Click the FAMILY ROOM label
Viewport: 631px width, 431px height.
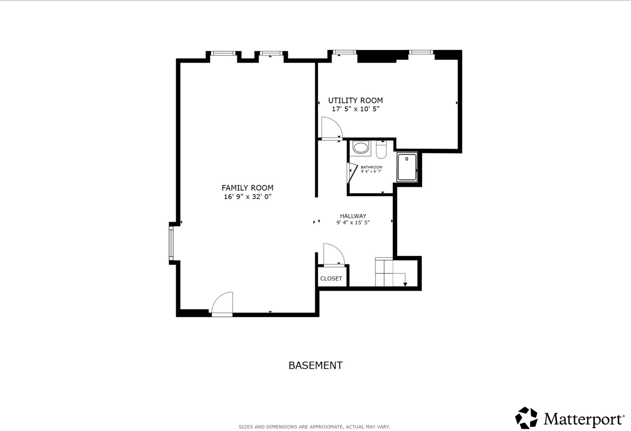(247, 188)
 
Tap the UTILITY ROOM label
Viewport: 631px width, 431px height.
(355, 101)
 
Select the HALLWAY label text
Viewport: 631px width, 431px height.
(353, 216)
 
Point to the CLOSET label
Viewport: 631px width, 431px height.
(331, 278)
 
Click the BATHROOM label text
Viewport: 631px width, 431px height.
(371, 167)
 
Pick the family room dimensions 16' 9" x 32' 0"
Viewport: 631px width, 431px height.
(247, 196)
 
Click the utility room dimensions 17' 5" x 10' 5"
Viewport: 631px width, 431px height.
(356, 109)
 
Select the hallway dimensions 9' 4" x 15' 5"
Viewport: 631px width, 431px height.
(353, 222)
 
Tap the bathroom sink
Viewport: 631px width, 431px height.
(360, 148)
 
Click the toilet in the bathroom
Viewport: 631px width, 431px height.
(381, 150)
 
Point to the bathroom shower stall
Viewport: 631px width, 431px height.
(407, 167)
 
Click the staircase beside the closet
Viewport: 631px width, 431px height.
(390, 272)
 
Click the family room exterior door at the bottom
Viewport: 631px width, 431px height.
(222, 304)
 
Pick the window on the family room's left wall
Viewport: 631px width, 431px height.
(171, 243)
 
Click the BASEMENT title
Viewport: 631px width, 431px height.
(316, 366)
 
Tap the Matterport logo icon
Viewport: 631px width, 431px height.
(526, 418)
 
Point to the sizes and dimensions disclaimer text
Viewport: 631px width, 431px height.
(314, 427)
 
